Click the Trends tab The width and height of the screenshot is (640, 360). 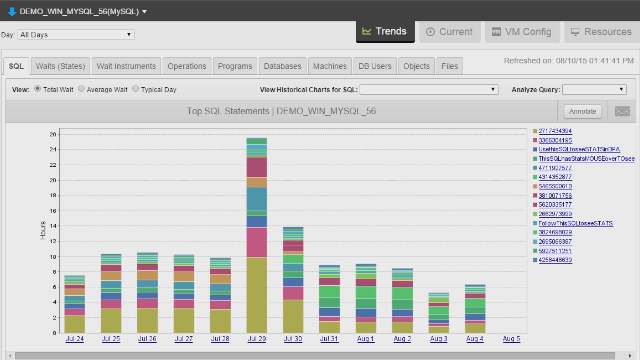click(385, 31)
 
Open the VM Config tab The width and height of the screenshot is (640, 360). click(522, 32)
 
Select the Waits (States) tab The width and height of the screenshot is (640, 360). click(60, 66)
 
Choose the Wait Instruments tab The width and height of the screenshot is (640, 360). click(126, 66)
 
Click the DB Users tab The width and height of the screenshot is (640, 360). click(375, 66)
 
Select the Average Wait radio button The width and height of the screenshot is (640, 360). click(81, 89)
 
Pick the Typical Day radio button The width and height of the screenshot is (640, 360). click(135, 89)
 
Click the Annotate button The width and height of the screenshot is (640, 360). click(582, 111)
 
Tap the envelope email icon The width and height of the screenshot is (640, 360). click(622, 111)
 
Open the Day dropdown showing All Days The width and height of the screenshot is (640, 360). click(76, 35)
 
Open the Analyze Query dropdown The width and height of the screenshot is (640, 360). click(594, 89)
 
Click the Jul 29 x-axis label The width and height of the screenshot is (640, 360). click(257, 339)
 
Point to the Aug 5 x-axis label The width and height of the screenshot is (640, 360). click(511, 339)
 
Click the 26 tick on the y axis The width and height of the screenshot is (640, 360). click(53, 134)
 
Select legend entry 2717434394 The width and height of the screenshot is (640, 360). click(555, 131)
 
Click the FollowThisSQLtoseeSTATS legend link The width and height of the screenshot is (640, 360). click(575, 223)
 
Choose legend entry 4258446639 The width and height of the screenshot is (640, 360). click(555, 260)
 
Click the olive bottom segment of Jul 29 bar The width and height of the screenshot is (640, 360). click(257, 295)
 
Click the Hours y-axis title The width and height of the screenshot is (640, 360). click(43, 230)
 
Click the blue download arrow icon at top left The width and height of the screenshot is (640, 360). click(12, 12)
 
